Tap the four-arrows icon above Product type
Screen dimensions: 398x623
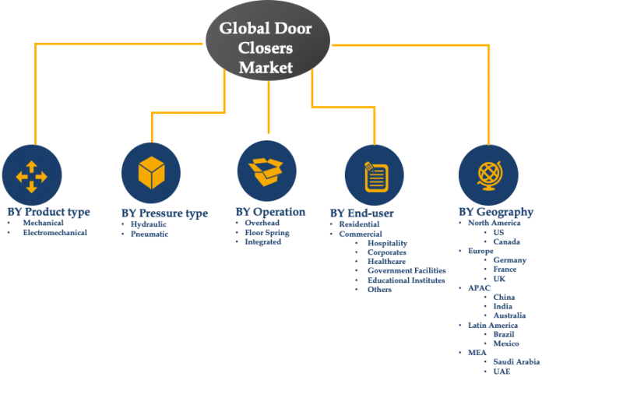[x=32, y=174]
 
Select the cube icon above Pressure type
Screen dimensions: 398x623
[x=150, y=173]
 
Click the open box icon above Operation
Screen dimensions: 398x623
[x=266, y=171]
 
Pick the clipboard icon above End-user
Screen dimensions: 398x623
[x=375, y=175]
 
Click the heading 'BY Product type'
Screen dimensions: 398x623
[x=48, y=212]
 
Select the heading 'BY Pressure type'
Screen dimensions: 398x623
[x=164, y=213]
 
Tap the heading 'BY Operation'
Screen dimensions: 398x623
[x=270, y=212]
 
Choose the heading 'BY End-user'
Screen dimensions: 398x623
[x=361, y=213]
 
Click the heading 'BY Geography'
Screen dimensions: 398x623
[x=495, y=212]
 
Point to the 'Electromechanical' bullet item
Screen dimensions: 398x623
[x=55, y=232]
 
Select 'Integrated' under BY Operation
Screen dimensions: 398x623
[x=262, y=242]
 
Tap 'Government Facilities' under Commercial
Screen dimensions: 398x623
[x=405, y=271]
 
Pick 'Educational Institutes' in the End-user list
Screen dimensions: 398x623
[x=406, y=280]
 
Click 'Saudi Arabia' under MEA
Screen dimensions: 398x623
[x=516, y=362]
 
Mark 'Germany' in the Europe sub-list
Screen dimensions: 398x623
[x=509, y=260]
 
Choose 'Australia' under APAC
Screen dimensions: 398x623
[x=509, y=315]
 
